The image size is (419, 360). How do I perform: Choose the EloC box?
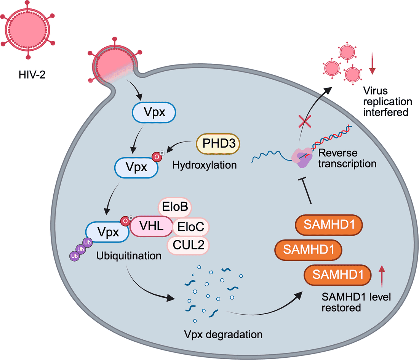point(190,228)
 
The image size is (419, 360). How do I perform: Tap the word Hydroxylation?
point(205,165)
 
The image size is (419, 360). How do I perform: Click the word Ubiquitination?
point(129,255)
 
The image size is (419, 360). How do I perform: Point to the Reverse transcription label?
point(347,158)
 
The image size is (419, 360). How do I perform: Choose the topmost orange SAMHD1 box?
point(329,227)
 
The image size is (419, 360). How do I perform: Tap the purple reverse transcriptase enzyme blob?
point(301,158)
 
